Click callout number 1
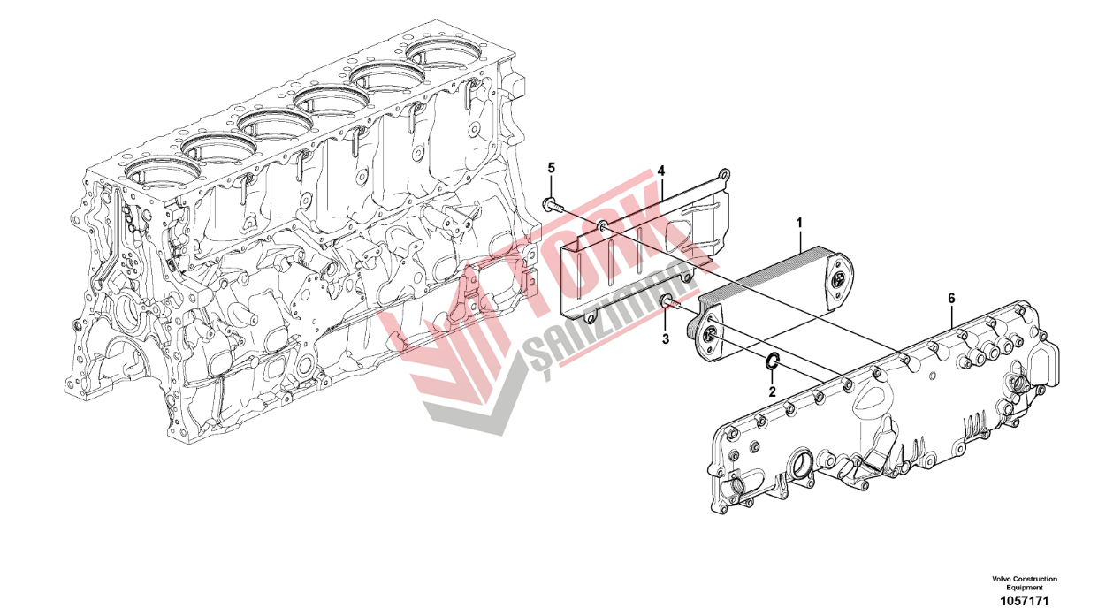(799, 223)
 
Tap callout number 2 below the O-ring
(772, 391)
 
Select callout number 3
(665, 338)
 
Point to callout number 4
(660, 171)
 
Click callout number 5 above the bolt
(552, 168)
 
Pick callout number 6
(951, 298)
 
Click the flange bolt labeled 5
(552, 206)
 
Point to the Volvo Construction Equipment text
(1025, 582)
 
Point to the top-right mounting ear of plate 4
(723, 174)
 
